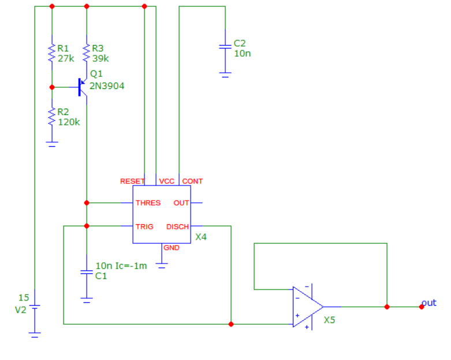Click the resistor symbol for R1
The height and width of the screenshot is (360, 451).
(x=52, y=53)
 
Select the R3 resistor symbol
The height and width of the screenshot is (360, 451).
(x=86, y=53)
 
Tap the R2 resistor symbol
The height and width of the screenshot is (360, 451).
(x=52, y=116)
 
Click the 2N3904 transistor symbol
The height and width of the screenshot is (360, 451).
(x=83, y=87)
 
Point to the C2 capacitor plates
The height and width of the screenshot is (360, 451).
(x=225, y=47)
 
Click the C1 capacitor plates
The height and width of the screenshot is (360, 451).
(x=86, y=272)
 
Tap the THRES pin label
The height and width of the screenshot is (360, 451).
(x=148, y=203)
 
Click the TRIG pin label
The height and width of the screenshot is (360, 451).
(x=144, y=227)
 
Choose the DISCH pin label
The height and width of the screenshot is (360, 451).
(x=177, y=227)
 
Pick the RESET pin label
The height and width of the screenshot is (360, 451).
(x=132, y=181)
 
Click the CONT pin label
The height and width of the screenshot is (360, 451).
(x=192, y=181)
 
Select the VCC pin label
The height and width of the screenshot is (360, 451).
(x=166, y=181)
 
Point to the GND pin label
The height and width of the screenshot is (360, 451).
(x=172, y=248)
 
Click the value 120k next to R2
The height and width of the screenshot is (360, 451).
(x=69, y=122)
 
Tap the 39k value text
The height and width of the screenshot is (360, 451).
(x=100, y=58)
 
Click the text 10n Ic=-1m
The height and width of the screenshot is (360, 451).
(x=121, y=266)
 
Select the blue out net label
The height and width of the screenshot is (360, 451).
(x=429, y=303)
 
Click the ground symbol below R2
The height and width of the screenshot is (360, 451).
(x=52, y=144)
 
